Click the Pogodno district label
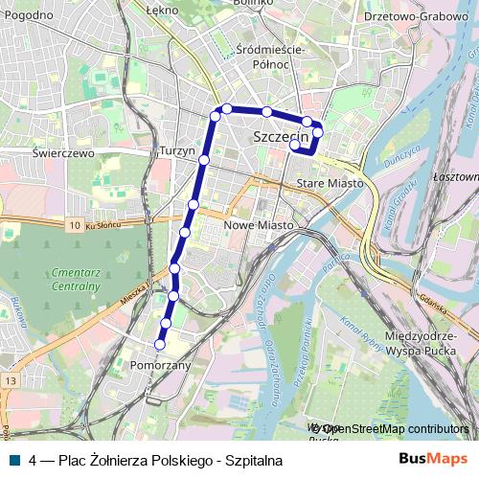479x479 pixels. (x=29, y=15)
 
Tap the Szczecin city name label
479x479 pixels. (x=284, y=138)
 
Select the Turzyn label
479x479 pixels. (x=177, y=151)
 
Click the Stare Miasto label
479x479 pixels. (x=329, y=182)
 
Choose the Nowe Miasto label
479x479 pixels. (x=256, y=225)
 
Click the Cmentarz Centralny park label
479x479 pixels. (x=73, y=279)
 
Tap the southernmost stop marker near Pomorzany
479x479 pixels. (x=160, y=345)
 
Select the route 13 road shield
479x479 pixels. (x=10, y=381)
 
